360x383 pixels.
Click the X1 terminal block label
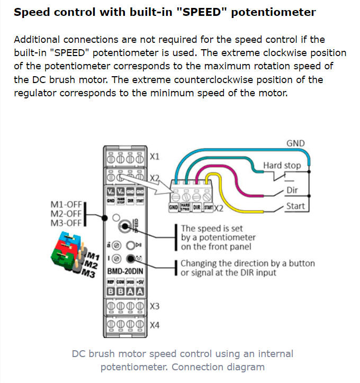tap(155, 157)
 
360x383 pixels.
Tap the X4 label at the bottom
tap(155, 325)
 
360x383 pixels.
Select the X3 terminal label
tap(155, 306)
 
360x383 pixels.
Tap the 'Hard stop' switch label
tap(282, 166)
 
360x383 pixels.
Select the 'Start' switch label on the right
tap(295, 206)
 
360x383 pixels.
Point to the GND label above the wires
tap(295, 143)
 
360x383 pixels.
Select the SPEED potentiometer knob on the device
tap(125, 226)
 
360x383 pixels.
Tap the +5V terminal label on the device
tap(140, 282)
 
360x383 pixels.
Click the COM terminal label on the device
tap(121, 282)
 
